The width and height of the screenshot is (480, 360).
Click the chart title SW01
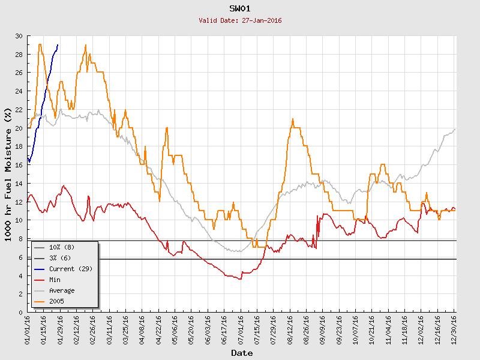(240, 8)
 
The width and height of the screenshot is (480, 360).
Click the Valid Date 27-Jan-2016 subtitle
(240, 20)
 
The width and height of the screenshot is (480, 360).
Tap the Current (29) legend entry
(67, 269)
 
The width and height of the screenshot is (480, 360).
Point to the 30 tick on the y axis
(18, 36)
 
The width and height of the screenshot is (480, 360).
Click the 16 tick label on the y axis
(18, 165)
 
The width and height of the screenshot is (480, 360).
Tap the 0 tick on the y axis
(20, 313)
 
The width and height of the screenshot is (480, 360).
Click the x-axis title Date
(242, 353)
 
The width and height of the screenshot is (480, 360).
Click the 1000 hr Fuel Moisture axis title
(8, 174)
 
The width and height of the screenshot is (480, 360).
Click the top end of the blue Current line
(58, 45)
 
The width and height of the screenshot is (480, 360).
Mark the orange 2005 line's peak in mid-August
(292, 119)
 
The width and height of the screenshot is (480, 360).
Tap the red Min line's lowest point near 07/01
(240, 279)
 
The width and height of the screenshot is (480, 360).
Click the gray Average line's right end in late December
(455, 129)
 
